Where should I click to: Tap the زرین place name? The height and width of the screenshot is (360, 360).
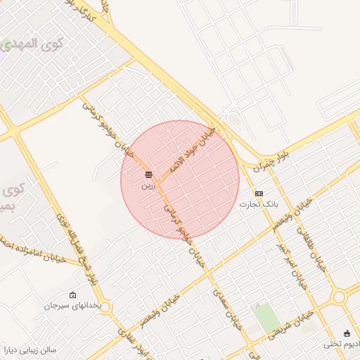(x=148, y=186)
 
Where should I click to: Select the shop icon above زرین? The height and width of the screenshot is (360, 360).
(x=148, y=174)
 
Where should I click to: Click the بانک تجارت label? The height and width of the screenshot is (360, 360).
(x=258, y=205)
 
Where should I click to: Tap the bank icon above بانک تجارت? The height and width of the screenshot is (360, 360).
(x=259, y=193)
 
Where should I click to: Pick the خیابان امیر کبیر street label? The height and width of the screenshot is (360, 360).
(x=292, y=267)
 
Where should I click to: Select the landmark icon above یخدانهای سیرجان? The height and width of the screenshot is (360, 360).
(x=73, y=295)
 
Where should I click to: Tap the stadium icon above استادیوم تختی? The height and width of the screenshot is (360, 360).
(x=347, y=333)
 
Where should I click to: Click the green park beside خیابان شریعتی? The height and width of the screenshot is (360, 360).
(x=266, y=318)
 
